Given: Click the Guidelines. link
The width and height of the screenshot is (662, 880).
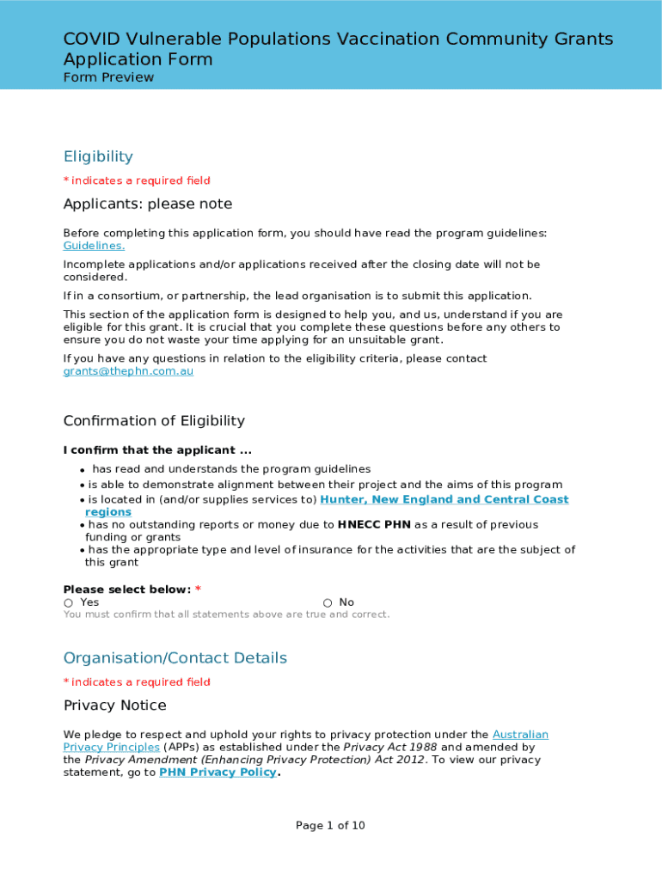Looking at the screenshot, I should tap(94, 246).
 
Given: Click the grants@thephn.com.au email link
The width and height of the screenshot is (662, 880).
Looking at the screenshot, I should tap(128, 371).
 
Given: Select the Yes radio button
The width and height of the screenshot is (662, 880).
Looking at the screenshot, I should tap(68, 603).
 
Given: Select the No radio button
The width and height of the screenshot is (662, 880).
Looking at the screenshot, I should tap(328, 603).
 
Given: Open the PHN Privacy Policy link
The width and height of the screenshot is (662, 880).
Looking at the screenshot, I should tap(218, 773).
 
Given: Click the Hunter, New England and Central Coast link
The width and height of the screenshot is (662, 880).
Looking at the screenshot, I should tap(444, 499).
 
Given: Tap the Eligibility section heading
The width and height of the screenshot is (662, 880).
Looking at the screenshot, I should tap(98, 156).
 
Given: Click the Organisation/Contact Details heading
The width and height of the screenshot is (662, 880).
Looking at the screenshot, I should tap(175, 658).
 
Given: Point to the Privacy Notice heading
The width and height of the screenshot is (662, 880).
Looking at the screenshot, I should tap(114, 706).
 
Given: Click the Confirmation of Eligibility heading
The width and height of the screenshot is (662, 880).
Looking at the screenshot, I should tap(154, 421).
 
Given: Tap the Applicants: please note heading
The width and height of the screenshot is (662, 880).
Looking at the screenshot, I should tap(147, 205).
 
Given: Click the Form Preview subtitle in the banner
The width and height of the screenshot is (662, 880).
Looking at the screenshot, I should tap(108, 77).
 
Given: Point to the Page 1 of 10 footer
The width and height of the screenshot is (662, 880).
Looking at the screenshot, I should tap(330, 826).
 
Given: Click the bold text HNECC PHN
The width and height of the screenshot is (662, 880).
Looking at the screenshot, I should tap(374, 525).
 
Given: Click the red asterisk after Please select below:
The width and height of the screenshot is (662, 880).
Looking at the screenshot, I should tap(198, 590).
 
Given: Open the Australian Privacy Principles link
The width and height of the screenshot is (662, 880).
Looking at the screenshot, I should tap(519, 735).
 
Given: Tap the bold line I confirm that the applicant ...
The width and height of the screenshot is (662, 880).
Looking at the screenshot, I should tap(157, 450).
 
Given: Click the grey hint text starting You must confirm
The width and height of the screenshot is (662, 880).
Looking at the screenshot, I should tap(226, 614).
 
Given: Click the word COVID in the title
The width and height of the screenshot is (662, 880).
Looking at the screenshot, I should tap(93, 39).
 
